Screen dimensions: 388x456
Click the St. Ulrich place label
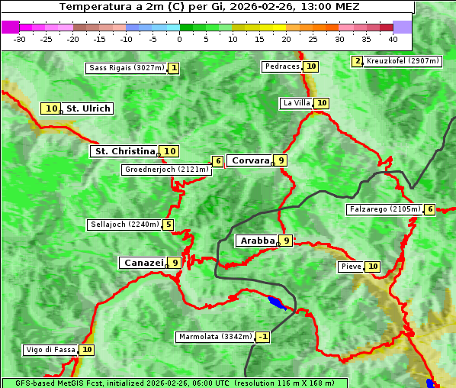(x=88, y=108)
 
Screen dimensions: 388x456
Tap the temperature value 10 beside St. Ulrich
(x=51, y=108)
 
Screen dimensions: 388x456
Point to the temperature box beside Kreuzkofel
(x=357, y=61)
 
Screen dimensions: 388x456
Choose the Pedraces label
(x=282, y=66)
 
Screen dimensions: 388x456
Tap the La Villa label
(x=296, y=103)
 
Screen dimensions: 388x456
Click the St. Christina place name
(x=124, y=151)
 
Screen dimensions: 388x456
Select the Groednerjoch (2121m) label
(x=166, y=170)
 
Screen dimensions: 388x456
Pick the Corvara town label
(x=250, y=160)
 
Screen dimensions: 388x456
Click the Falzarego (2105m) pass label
(x=384, y=209)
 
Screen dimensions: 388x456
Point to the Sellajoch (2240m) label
(x=124, y=225)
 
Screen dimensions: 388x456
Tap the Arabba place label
(x=257, y=241)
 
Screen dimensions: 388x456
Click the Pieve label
(x=351, y=267)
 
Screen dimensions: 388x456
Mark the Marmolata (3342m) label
(x=214, y=337)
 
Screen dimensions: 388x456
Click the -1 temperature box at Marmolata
(x=263, y=337)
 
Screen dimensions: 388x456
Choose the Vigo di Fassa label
(x=51, y=350)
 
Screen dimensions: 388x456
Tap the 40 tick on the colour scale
(x=393, y=38)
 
